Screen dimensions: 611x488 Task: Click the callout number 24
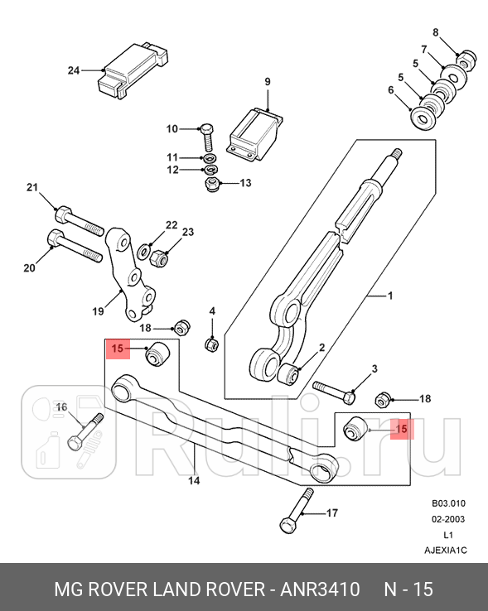[x=73, y=71]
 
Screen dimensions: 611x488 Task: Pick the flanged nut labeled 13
[x=212, y=182]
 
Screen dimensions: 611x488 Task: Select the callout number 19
[x=98, y=312]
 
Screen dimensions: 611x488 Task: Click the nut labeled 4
[x=211, y=343]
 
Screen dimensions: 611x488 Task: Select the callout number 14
[x=194, y=480]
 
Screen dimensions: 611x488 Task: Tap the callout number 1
[x=390, y=295]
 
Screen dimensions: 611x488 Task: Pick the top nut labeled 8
[x=466, y=60]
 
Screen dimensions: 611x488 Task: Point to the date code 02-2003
[x=447, y=519]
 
